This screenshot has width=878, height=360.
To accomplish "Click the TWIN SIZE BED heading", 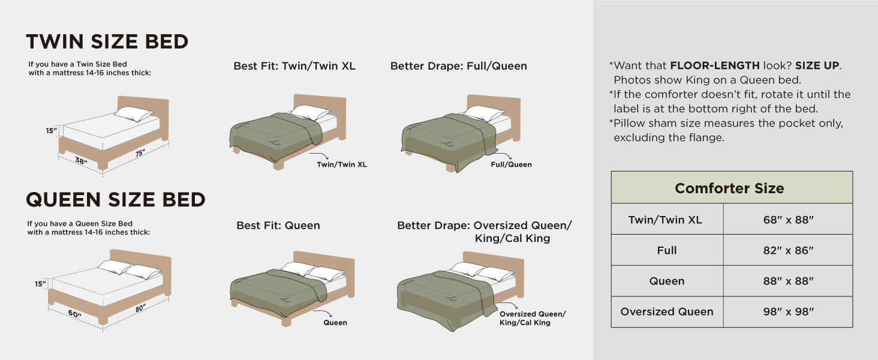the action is (107, 41).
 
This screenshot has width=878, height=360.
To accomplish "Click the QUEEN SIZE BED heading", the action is (116, 200).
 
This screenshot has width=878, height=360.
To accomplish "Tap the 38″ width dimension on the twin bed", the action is (81, 161).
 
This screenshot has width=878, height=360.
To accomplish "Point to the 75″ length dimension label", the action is (140, 153).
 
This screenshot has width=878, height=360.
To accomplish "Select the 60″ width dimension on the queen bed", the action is (74, 314).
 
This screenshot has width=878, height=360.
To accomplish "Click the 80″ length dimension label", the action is (140, 308).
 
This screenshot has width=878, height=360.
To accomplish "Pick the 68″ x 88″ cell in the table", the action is (788, 220).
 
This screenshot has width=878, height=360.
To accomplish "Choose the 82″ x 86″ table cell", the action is (788, 250).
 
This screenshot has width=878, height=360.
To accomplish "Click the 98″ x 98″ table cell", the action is (788, 312).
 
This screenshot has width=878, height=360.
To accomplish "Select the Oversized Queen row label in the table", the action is (667, 312).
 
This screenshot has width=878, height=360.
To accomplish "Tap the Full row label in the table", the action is (667, 250).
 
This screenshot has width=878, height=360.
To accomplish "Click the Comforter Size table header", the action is (729, 188).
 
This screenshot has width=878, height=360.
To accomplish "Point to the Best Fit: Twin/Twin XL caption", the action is (294, 66).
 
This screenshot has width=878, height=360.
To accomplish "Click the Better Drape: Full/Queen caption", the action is (459, 66).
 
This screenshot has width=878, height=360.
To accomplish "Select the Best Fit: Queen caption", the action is (278, 226).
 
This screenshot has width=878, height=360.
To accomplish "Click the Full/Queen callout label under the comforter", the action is (511, 165).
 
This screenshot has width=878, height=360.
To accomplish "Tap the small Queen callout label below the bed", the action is (335, 323).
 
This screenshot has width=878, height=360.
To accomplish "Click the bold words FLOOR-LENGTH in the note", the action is (715, 65).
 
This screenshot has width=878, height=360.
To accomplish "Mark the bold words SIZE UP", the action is (817, 65).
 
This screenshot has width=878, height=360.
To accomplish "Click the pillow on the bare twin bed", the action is (134, 114).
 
